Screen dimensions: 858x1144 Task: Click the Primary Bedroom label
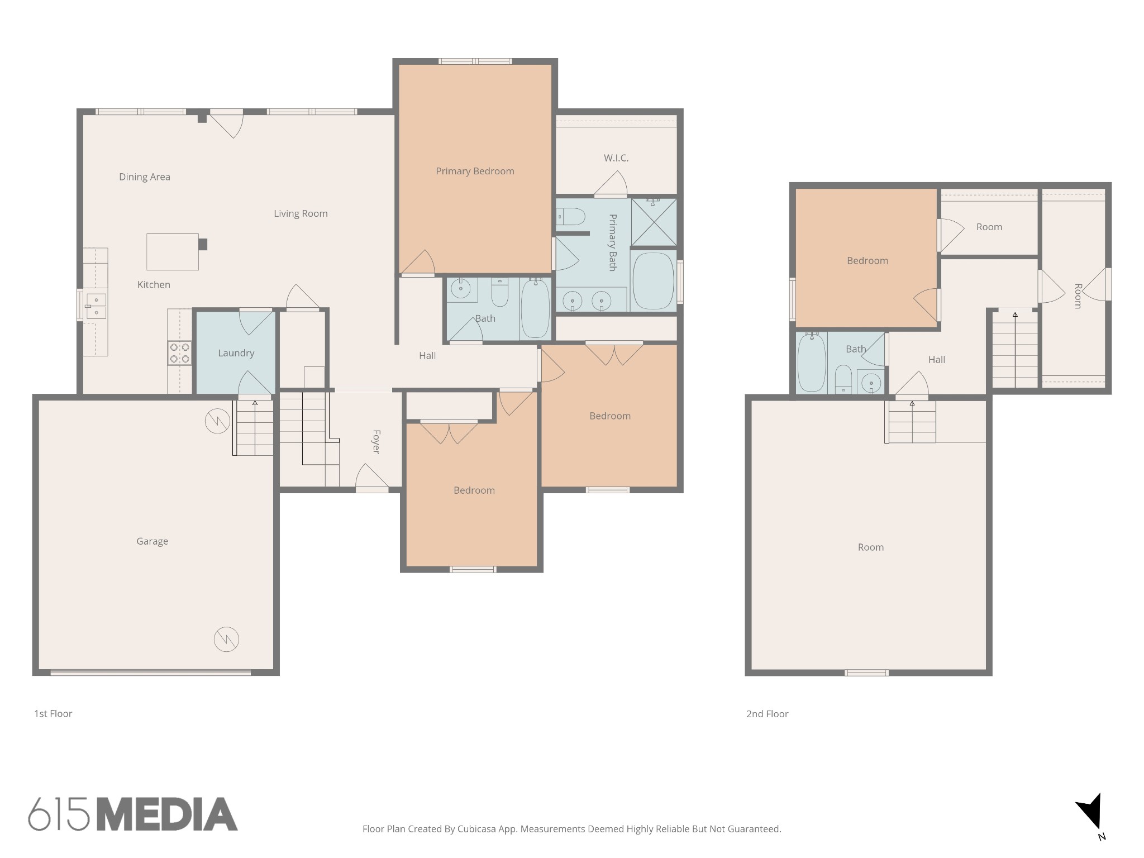[x=475, y=171]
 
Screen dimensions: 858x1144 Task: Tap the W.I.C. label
[x=616, y=158]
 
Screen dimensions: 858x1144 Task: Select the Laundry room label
[x=236, y=353]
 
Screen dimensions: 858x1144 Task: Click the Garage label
[x=152, y=541]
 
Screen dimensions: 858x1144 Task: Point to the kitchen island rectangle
[x=173, y=252]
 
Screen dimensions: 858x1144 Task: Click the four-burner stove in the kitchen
[x=180, y=353]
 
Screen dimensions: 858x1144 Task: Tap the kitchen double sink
[x=96, y=306]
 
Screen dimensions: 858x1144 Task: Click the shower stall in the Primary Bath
[x=654, y=222]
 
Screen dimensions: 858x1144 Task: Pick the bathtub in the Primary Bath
[x=653, y=281]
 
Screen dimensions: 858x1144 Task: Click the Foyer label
[x=376, y=441]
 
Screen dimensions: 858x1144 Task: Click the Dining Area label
[x=145, y=177]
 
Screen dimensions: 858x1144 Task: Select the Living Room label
[x=301, y=213]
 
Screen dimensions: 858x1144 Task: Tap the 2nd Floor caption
[x=767, y=714]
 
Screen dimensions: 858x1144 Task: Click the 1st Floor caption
[x=53, y=713]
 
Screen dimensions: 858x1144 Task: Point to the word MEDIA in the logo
[x=168, y=814]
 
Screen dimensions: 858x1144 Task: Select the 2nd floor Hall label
[x=936, y=360]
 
